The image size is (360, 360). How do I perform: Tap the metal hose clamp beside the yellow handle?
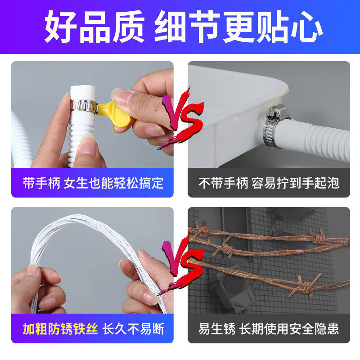pyautogui.click(x=84, y=106)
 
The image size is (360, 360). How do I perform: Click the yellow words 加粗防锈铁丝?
pyautogui.click(x=60, y=328)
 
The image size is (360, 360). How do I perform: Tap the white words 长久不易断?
pyautogui.click(x=133, y=328)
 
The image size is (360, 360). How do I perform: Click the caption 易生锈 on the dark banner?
pyautogui.click(x=217, y=328)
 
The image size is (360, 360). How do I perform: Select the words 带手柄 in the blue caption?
pyautogui.click(x=41, y=183)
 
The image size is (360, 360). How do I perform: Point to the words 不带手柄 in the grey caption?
pyautogui.click(x=223, y=183)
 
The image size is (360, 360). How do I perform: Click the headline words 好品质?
pyautogui.click(x=94, y=27)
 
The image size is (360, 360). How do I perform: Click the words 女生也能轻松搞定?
pyautogui.click(x=114, y=183)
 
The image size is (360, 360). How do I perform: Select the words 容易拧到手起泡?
pyautogui.click(x=295, y=183)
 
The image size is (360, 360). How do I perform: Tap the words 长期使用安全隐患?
pyautogui.click(x=289, y=328)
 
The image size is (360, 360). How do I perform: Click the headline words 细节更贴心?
pyautogui.click(x=239, y=27)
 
